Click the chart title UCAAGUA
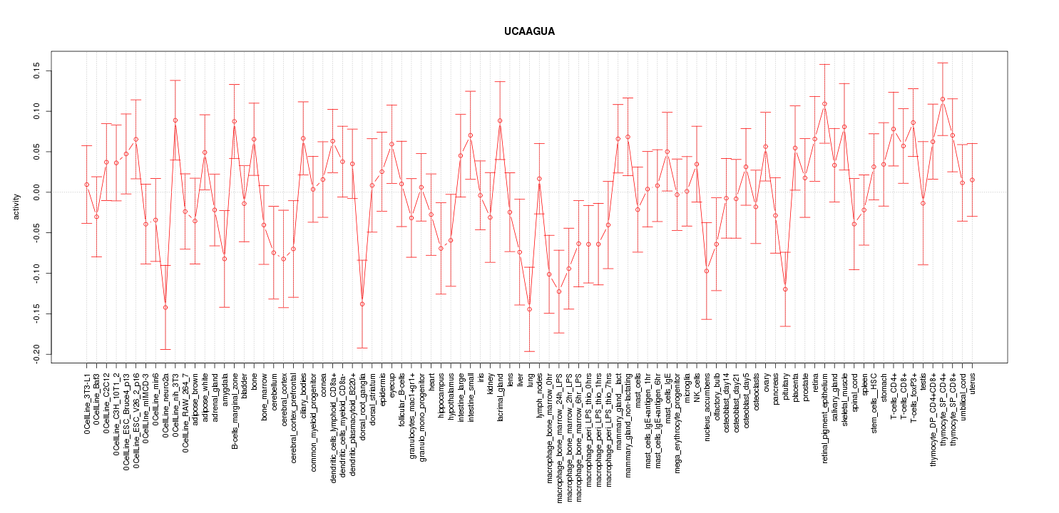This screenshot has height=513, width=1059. tap(529, 32)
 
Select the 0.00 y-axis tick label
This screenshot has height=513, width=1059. tap(35, 192)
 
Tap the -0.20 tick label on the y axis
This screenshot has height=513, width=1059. tap(35, 354)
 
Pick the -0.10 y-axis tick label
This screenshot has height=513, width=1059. tap(35, 273)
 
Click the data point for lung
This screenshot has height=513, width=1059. tap(529, 309)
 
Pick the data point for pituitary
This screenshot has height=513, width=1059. tap(785, 289)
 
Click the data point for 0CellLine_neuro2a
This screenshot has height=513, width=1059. tap(165, 307)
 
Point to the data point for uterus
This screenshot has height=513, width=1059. tap(972, 180)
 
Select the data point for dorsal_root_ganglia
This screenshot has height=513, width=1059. tap(362, 304)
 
